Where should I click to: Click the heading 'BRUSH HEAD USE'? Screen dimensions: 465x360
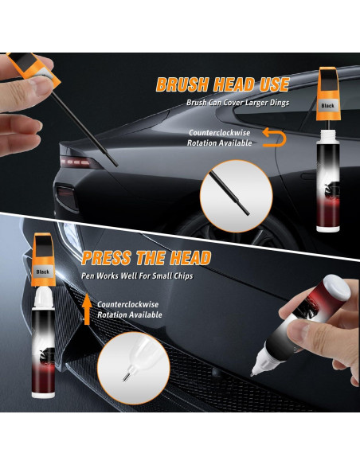pos(217,85)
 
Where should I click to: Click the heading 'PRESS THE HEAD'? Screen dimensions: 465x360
pos(146,258)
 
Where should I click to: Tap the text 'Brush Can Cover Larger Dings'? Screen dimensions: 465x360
pos(237,103)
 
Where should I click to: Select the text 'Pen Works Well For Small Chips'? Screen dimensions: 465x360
pos(137,276)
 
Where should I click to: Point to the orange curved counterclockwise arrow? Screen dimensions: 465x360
pos(274,138)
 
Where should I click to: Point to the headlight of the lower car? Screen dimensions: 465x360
pos(70,236)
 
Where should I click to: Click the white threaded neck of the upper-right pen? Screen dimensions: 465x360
pos(328,129)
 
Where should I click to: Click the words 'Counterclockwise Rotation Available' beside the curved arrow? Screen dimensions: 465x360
pos(220,138)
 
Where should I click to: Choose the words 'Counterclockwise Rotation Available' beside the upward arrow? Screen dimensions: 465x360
pos(129,309)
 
